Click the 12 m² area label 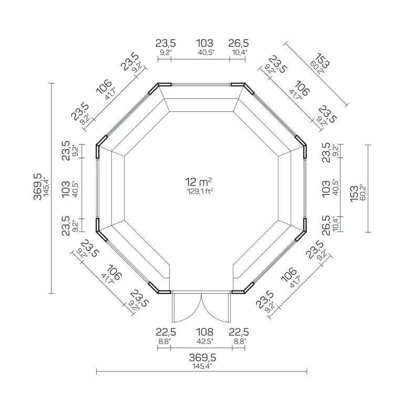[x=198, y=182]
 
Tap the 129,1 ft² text [x=200, y=191]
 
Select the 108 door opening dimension [x=204, y=332]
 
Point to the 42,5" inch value [x=204, y=341]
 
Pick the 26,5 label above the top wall [x=239, y=43]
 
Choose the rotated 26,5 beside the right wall [x=326, y=225]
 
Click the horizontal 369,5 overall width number [x=202, y=357]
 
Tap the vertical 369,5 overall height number [x=37, y=187]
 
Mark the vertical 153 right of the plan [x=354, y=194]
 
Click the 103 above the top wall [x=204, y=43]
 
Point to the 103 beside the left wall [x=66, y=189]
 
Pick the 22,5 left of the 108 [x=166, y=332]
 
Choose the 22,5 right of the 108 [x=239, y=332]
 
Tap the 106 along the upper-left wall [x=104, y=86]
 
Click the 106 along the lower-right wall [x=289, y=275]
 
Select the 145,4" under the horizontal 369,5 [x=202, y=366]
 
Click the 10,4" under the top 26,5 [x=239, y=53]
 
